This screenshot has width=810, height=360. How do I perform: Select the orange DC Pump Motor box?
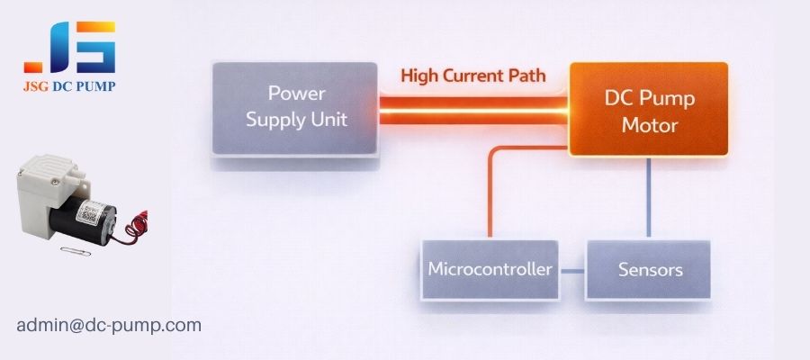[648, 109]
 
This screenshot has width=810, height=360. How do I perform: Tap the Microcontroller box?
[491, 269]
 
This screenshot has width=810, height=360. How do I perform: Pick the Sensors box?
[649, 269]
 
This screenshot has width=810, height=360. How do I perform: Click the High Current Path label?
[473, 76]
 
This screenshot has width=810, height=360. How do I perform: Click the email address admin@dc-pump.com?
[109, 325]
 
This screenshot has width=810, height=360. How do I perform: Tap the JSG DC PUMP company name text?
[69, 86]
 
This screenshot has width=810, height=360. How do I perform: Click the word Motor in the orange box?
[648, 125]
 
